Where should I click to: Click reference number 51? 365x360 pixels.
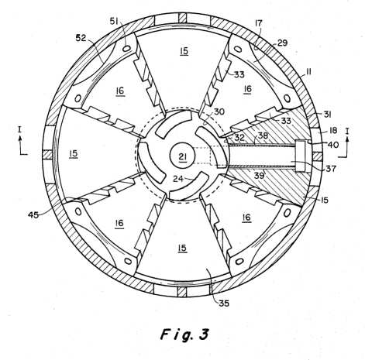click(x=114, y=21)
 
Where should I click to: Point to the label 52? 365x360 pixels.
click(x=81, y=38)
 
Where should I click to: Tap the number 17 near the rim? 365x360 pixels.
click(x=258, y=23)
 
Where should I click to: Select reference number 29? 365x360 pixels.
click(x=282, y=43)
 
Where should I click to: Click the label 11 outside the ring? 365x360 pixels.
click(x=308, y=71)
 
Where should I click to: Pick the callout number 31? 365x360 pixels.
click(x=327, y=114)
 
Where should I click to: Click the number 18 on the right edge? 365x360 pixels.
click(x=332, y=130)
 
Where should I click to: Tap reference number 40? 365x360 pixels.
click(x=332, y=145)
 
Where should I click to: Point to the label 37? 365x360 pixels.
click(x=331, y=169)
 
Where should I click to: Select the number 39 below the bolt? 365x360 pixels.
click(x=259, y=176)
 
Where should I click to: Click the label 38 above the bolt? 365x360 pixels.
click(x=263, y=135)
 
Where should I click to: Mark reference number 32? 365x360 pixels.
click(x=239, y=137)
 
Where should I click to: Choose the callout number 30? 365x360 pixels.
click(x=219, y=112)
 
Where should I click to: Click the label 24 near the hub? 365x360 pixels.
click(x=178, y=178)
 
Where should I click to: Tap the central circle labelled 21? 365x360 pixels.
click(x=183, y=156)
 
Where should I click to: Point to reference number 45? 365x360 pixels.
click(x=33, y=214)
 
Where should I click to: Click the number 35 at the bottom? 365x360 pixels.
click(x=224, y=303)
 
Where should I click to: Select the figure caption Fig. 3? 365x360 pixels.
click(x=184, y=334)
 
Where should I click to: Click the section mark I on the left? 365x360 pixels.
click(x=19, y=129)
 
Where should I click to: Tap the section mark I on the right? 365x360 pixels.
click(x=347, y=132)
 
